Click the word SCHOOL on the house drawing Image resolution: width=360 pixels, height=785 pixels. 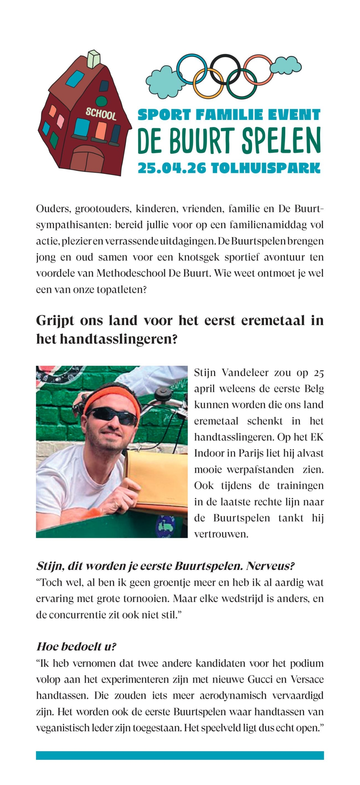pyautogui.click(x=101, y=114)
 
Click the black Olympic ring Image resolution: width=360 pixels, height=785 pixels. pyautogui.click(x=224, y=69)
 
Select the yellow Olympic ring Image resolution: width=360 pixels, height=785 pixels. pyautogui.click(x=209, y=82)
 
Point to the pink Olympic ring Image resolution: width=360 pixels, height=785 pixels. pyautogui.click(x=258, y=69)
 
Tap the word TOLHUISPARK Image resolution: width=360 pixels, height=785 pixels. pyautogui.click(x=266, y=168)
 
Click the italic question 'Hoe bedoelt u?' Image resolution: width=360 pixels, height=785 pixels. pyautogui.click(x=76, y=647)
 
